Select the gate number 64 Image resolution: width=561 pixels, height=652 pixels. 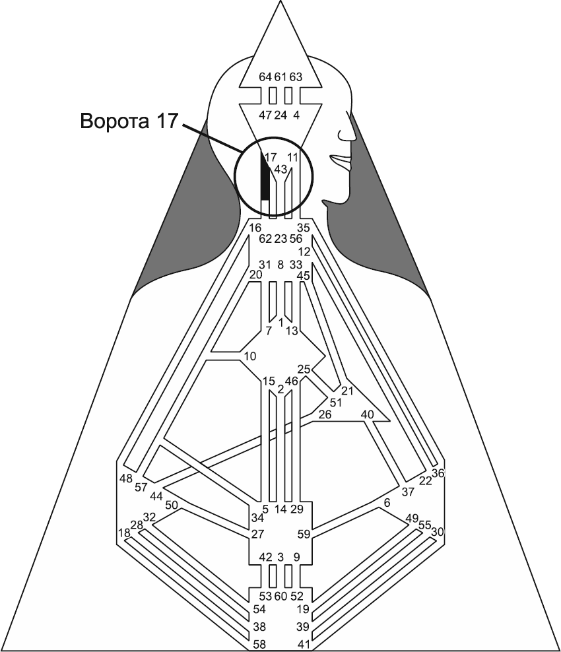pyautogui.click(x=265, y=77)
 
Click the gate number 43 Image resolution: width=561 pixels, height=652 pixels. pyautogui.click(x=280, y=170)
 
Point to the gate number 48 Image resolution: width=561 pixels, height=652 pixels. pyautogui.click(x=126, y=478)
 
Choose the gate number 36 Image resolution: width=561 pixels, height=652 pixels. pyautogui.click(x=438, y=473)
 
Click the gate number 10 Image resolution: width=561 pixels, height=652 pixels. pyautogui.click(x=249, y=357)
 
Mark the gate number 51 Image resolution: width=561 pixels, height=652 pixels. pyautogui.click(x=336, y=403)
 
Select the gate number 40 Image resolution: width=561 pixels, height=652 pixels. pyautogui.click(x=368, y=414)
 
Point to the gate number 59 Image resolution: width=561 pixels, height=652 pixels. pyautogui.click(x=304, y=534)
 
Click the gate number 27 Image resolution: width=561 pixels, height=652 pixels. pyautogui.click(x=257, y=534)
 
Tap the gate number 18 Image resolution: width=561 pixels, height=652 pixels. pyautogui.click(x=123, y=533)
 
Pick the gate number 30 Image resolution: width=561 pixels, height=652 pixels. pyautogui.click(x=438, y=531)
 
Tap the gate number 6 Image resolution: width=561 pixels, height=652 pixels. pyautogui.click(x=387, y=503)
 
